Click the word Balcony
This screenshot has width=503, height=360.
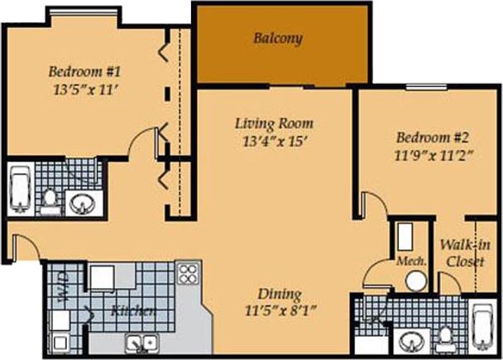(x=279, y=38)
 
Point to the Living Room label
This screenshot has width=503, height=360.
(x=274, y=124)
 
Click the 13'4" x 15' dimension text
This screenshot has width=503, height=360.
(x=273, y=142)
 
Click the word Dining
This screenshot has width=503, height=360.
(x=279, y=295)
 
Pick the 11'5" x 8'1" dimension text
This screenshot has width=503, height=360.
(x=279, y=312)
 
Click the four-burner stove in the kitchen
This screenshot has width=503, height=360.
(x=189, y=273)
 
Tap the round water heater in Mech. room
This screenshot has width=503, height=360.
(x=414, y=281)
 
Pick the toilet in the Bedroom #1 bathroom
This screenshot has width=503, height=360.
(x=50, y=199)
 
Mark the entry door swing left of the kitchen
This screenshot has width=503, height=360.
(x=22, y=247)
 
